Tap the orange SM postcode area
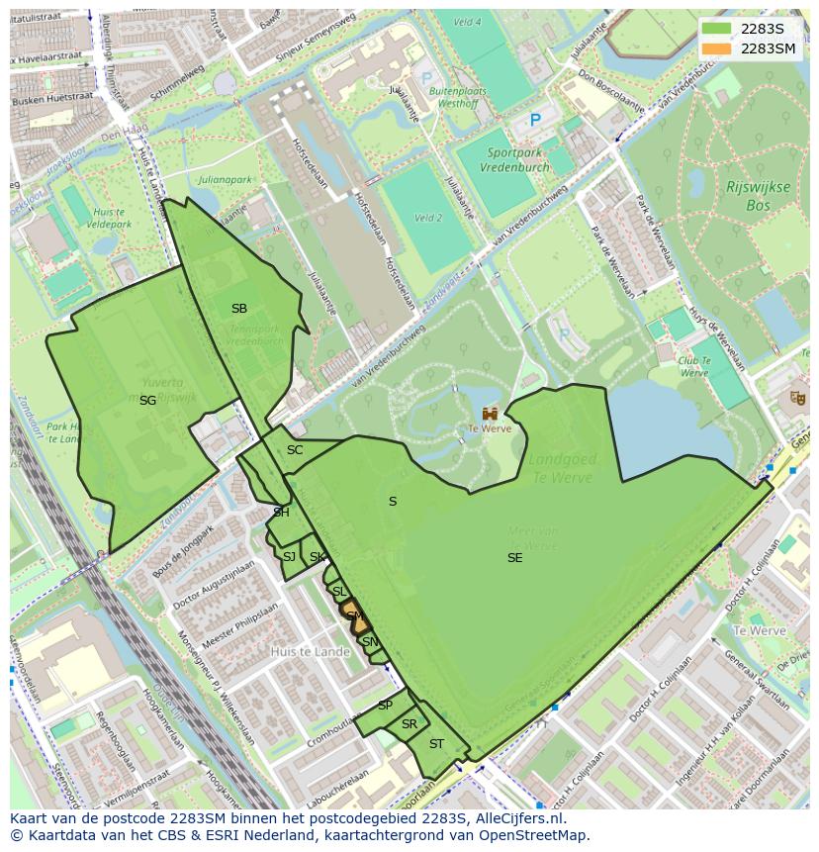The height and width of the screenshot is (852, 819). tap(357, 620)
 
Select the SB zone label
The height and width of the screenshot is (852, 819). tap(239, 309)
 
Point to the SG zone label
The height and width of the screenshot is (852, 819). tap(147, 401)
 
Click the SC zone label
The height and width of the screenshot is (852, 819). tap(295, 450)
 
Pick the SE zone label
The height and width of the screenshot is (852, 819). tap(514, 558)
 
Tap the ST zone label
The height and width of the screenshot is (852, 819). tap(436, 744)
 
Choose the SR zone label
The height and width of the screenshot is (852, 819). tap(409, 724)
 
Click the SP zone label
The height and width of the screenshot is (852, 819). tap(385, 706)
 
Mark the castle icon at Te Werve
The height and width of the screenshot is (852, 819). tap(490, 413)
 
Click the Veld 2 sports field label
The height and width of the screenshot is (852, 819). tap(428, 218)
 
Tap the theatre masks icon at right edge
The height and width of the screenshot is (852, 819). tap(797, 398)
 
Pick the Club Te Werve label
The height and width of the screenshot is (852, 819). tap(694, 367)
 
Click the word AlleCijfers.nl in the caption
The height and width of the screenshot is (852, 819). tap(516, 818)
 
